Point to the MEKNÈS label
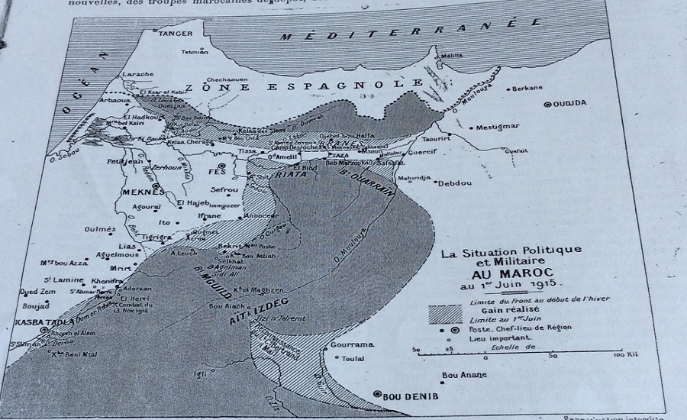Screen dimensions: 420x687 pos(143,191)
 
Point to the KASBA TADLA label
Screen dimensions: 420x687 pos(36,323)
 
